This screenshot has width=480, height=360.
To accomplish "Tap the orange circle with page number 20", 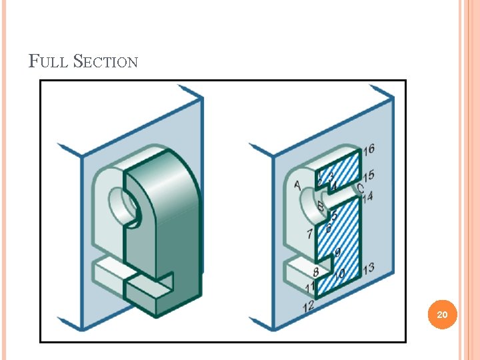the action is tap(442, 314).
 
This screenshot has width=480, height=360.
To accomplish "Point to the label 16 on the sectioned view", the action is tap(369, 149).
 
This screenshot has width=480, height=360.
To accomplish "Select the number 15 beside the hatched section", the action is tap(369, 175).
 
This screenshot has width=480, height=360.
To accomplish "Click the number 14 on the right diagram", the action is tap(367, 196).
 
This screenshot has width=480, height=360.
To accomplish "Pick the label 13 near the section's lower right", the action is tap(367, 267).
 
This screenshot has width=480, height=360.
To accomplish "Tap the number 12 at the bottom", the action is tap(308, 306).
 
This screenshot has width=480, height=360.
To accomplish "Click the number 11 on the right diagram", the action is tap(310, 287).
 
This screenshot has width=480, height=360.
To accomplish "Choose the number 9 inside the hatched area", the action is tap(337, 251).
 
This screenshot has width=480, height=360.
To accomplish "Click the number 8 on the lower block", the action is tap(315, 272).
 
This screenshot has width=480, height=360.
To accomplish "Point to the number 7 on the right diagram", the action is tap(309, 234).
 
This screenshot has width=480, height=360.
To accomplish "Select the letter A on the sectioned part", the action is tap(297, 185).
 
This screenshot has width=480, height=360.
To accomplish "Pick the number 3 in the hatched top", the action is tap(331, 176).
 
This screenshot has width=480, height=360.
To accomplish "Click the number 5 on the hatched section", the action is tap(334, 217).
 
